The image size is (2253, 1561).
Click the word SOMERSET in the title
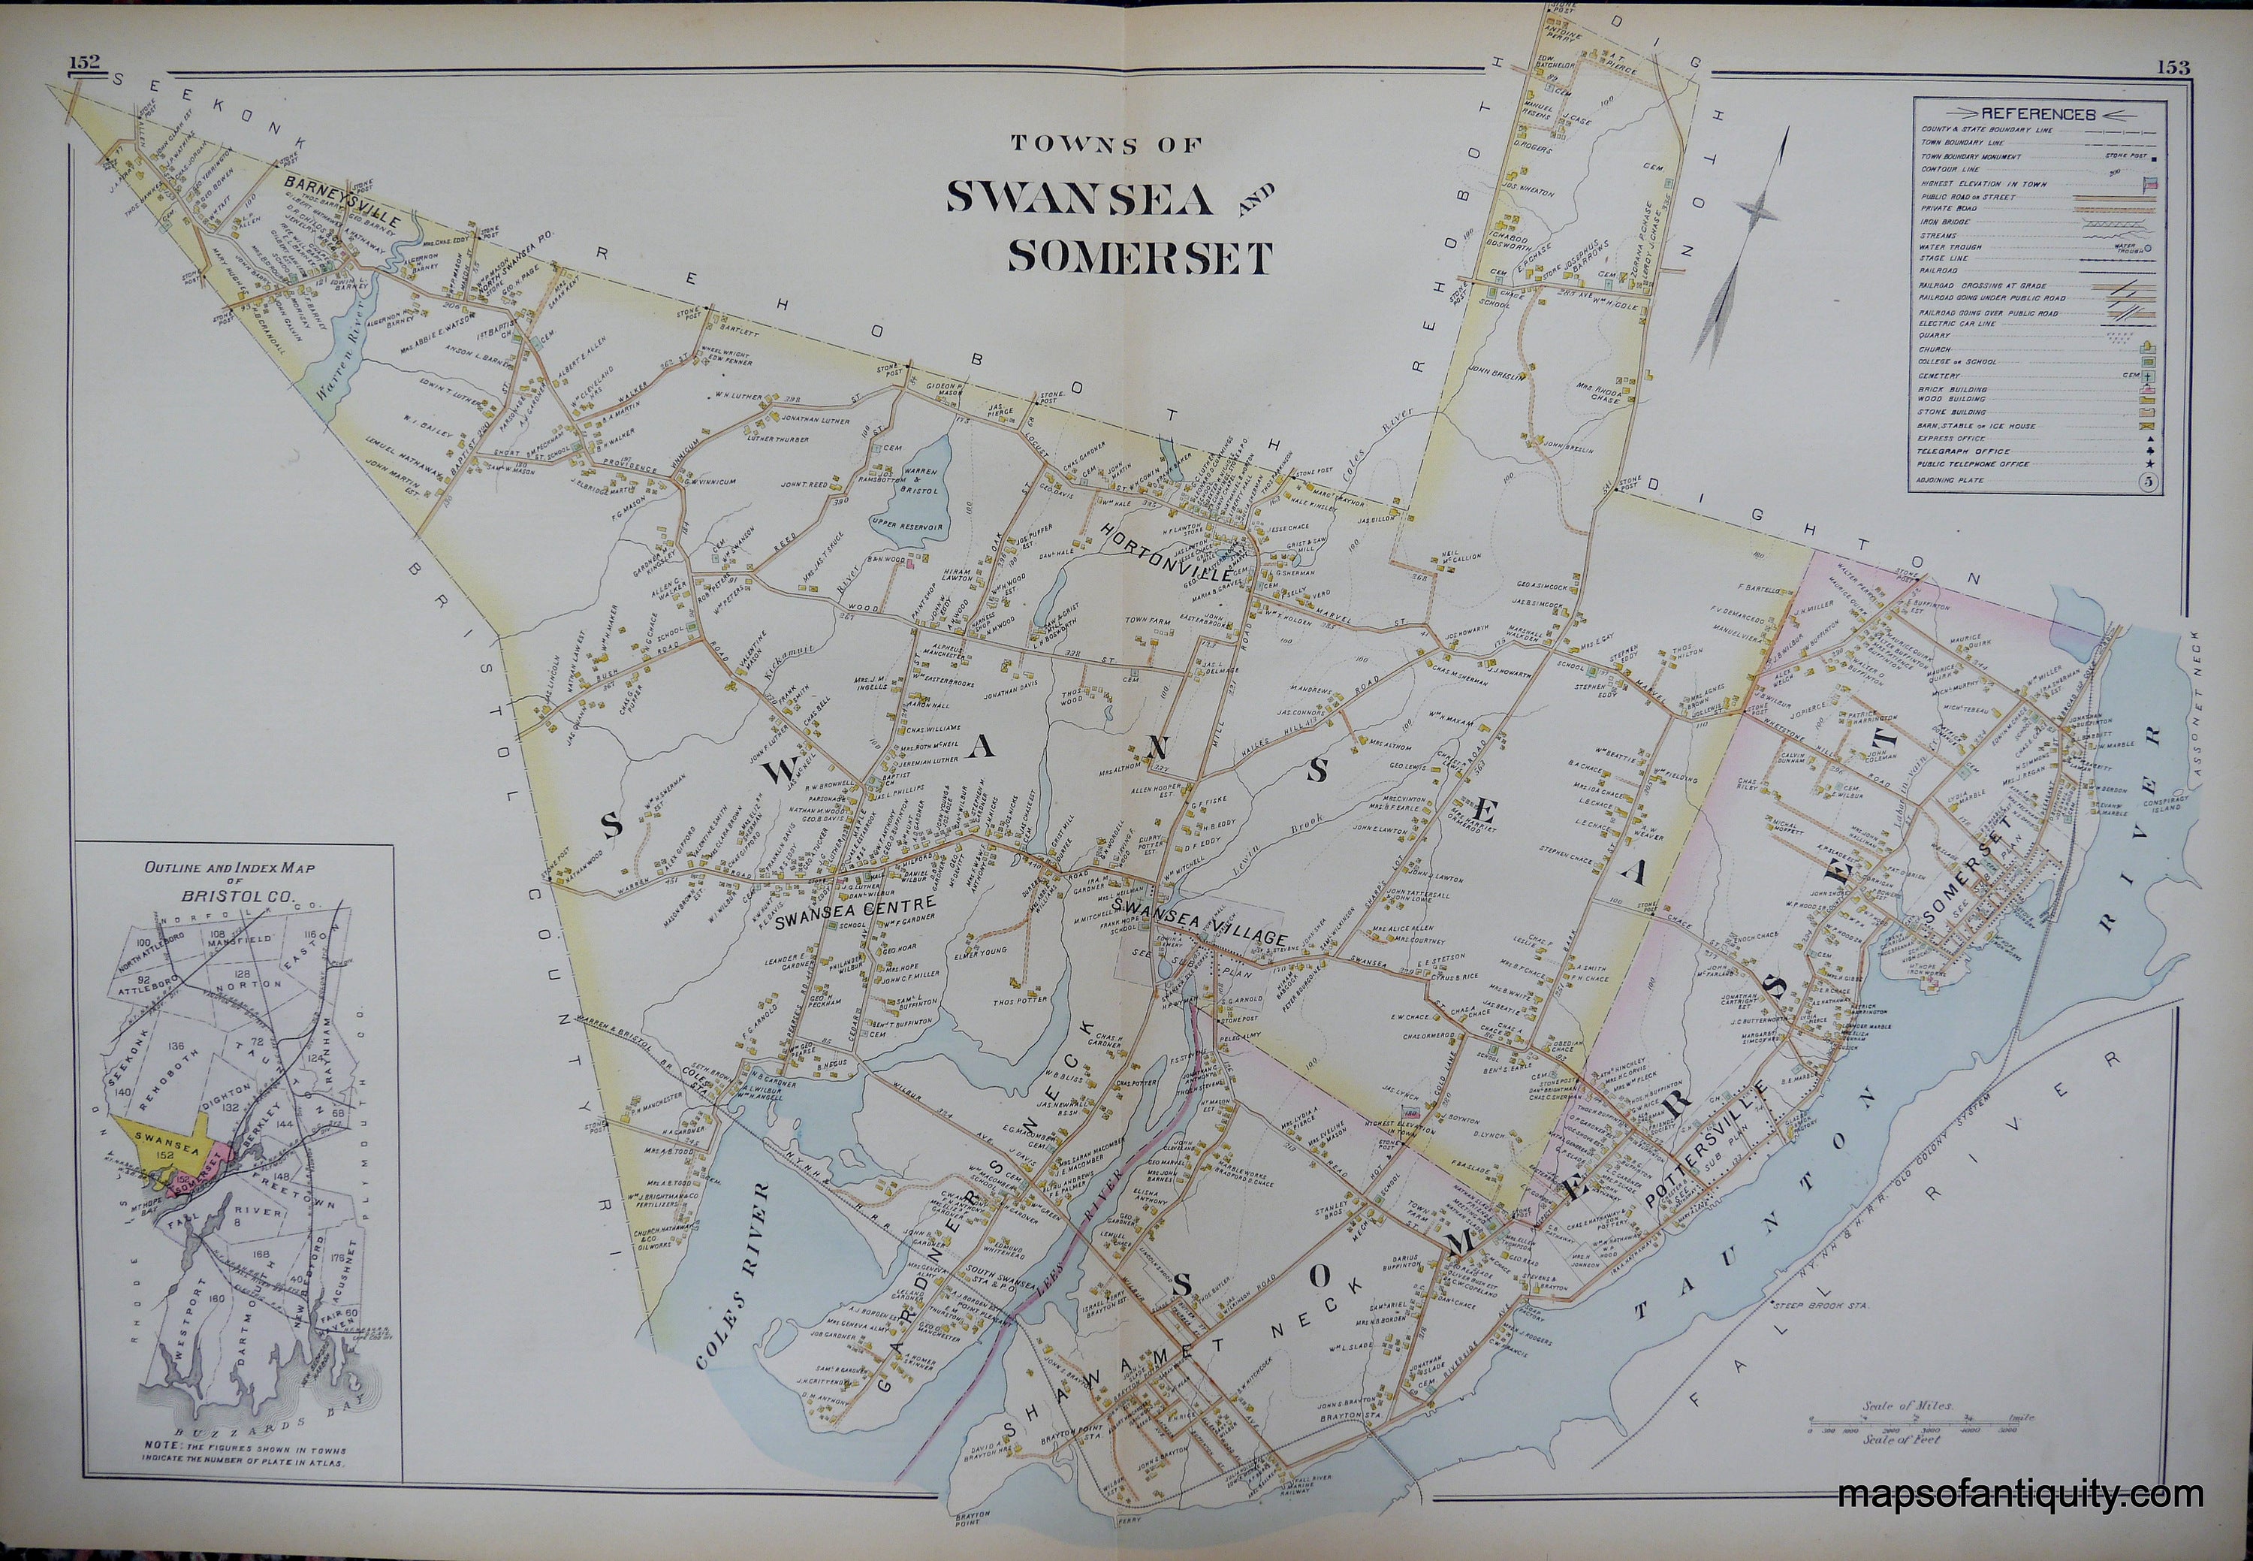pos(1139,257)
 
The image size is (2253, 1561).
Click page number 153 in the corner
pos(2169,68)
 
